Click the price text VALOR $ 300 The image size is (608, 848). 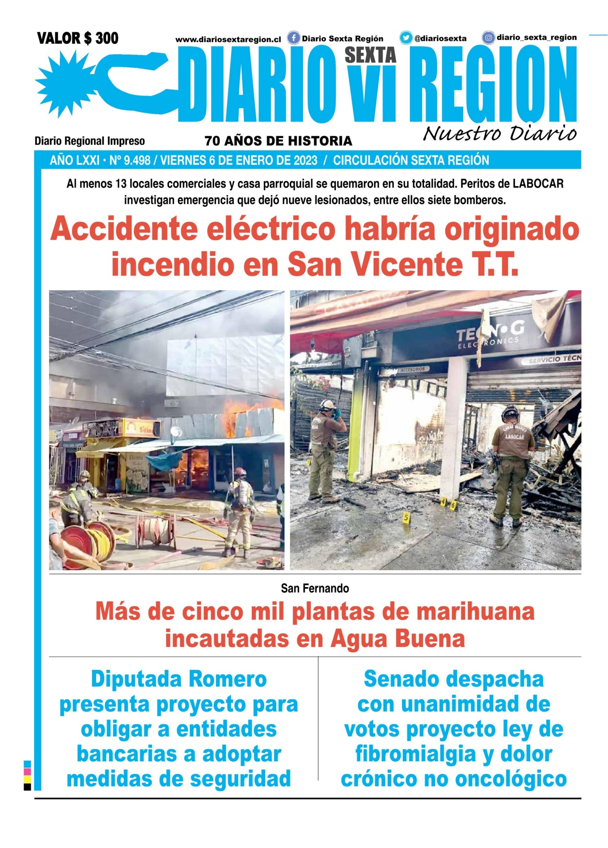click(x=77, y=38)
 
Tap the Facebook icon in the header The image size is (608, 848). click(x=293, y=38)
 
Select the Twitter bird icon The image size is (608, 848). click(x=406, y=38)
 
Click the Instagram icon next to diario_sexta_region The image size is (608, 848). click(x=488, y=38)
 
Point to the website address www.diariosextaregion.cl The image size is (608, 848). click(x=228, y=40)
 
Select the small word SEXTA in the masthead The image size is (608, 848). click(x=370, y=55)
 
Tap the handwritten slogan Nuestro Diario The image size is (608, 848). click(x=500, y=134)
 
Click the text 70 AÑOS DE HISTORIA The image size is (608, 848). click(x=278, y=141)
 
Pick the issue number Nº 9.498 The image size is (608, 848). click(x=130, y=161)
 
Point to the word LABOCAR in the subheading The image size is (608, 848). click(x=538, y=184)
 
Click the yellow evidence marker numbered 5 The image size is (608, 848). click(x=405, y=517)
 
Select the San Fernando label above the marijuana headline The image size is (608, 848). click(x=315, y=588)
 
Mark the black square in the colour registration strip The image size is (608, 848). click(x=27, y=786)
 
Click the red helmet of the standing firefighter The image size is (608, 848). click(x=240, y=472)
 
